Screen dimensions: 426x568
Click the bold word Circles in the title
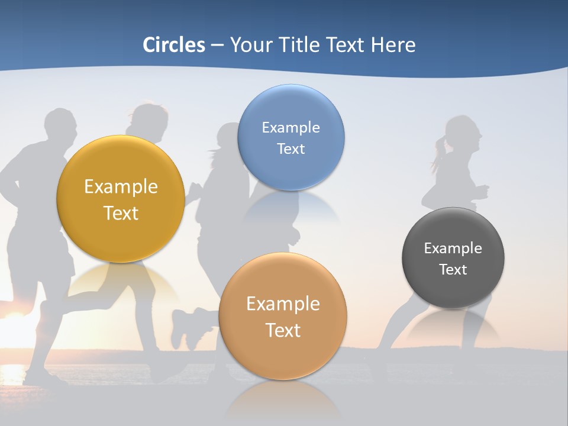click(x=173, y=45)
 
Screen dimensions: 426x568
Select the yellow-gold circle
click(x=121, y=199)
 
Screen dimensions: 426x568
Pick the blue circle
click(x=291, y=137)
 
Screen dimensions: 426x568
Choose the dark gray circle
click(x=453, y=258)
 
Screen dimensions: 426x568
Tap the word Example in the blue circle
click(x=291, y=127)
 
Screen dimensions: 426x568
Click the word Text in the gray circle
click(x=453, y=270)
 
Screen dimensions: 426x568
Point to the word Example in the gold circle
click(x=121, y=187)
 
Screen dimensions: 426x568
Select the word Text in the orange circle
click(x=283, y=330)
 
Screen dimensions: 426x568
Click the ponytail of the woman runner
click(x=439, y=152)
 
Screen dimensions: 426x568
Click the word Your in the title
click(x=248, y=45)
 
